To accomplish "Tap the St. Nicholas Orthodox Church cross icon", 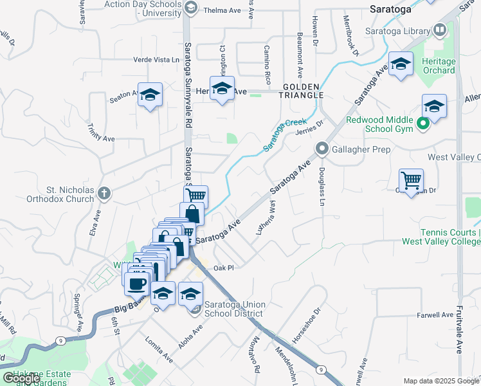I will point(105,192).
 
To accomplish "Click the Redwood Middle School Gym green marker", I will point(423,124).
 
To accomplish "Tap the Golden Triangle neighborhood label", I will point(301,91).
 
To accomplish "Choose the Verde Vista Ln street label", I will point(156,59).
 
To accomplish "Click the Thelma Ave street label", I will point(222,11).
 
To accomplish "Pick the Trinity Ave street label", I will point(102,133).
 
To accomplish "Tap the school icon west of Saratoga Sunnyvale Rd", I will point(150,95).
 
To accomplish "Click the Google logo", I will point(21,378).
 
